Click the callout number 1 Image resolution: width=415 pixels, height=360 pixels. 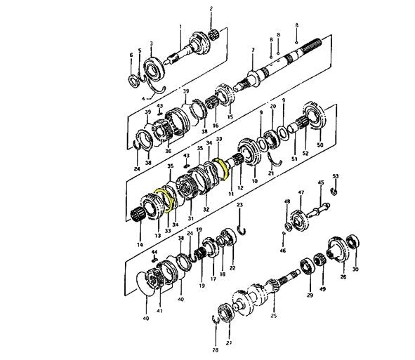[x=180, y=27]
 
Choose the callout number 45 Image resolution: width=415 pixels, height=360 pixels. [x=321, y=184]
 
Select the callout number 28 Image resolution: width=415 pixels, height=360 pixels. [x=216, y=348]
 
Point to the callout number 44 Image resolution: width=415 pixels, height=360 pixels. [x=154, y=251]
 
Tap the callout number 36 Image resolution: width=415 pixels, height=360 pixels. [x=168, y=150]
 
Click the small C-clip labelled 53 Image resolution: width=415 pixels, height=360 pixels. [x=335, y=190]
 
